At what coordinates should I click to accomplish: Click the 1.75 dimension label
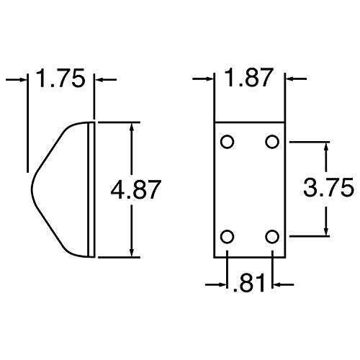61,78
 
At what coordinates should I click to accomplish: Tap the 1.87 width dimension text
249,78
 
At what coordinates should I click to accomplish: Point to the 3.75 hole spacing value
328,188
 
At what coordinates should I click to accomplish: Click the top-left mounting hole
228,142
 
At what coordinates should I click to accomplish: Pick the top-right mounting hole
272,142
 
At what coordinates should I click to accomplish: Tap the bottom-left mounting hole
228,235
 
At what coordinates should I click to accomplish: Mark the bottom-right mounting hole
272,235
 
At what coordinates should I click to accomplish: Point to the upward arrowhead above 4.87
132,127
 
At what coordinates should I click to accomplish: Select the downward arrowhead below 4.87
132,252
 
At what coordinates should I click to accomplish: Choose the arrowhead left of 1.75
23,79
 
